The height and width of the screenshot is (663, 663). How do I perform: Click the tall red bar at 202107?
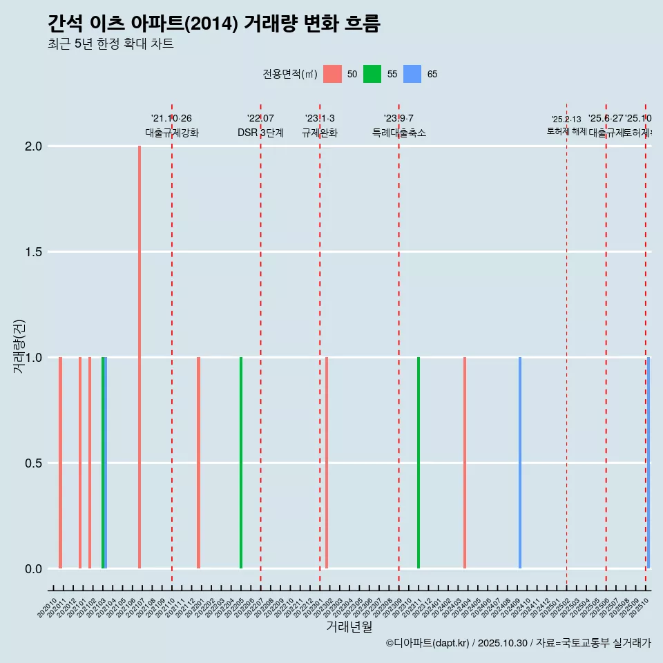point(140,356)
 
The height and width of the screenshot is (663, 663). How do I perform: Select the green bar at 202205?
point(241,463)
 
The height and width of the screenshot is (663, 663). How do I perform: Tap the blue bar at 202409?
point(520,463)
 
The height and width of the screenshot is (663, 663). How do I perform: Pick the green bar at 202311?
point(419,463)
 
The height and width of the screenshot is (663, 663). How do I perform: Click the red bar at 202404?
point(465,463)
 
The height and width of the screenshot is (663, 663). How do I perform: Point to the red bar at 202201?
point(198,463)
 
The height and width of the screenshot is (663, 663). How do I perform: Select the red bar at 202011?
point(61,463)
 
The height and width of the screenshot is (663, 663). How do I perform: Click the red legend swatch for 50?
point(332,74)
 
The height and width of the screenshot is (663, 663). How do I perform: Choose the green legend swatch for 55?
point(372,74)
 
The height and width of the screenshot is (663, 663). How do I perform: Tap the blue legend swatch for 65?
point(412,74)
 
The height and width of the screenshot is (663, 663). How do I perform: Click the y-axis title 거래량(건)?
point(19,345)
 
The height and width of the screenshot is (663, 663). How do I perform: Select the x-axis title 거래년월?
point(349,627)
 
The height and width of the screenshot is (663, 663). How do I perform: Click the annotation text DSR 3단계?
point(260,133)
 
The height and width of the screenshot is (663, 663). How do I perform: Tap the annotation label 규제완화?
point(320,133)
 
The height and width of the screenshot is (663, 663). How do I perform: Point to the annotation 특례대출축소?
point(399,133)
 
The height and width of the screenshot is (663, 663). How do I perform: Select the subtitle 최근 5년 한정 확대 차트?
point(110,44)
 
